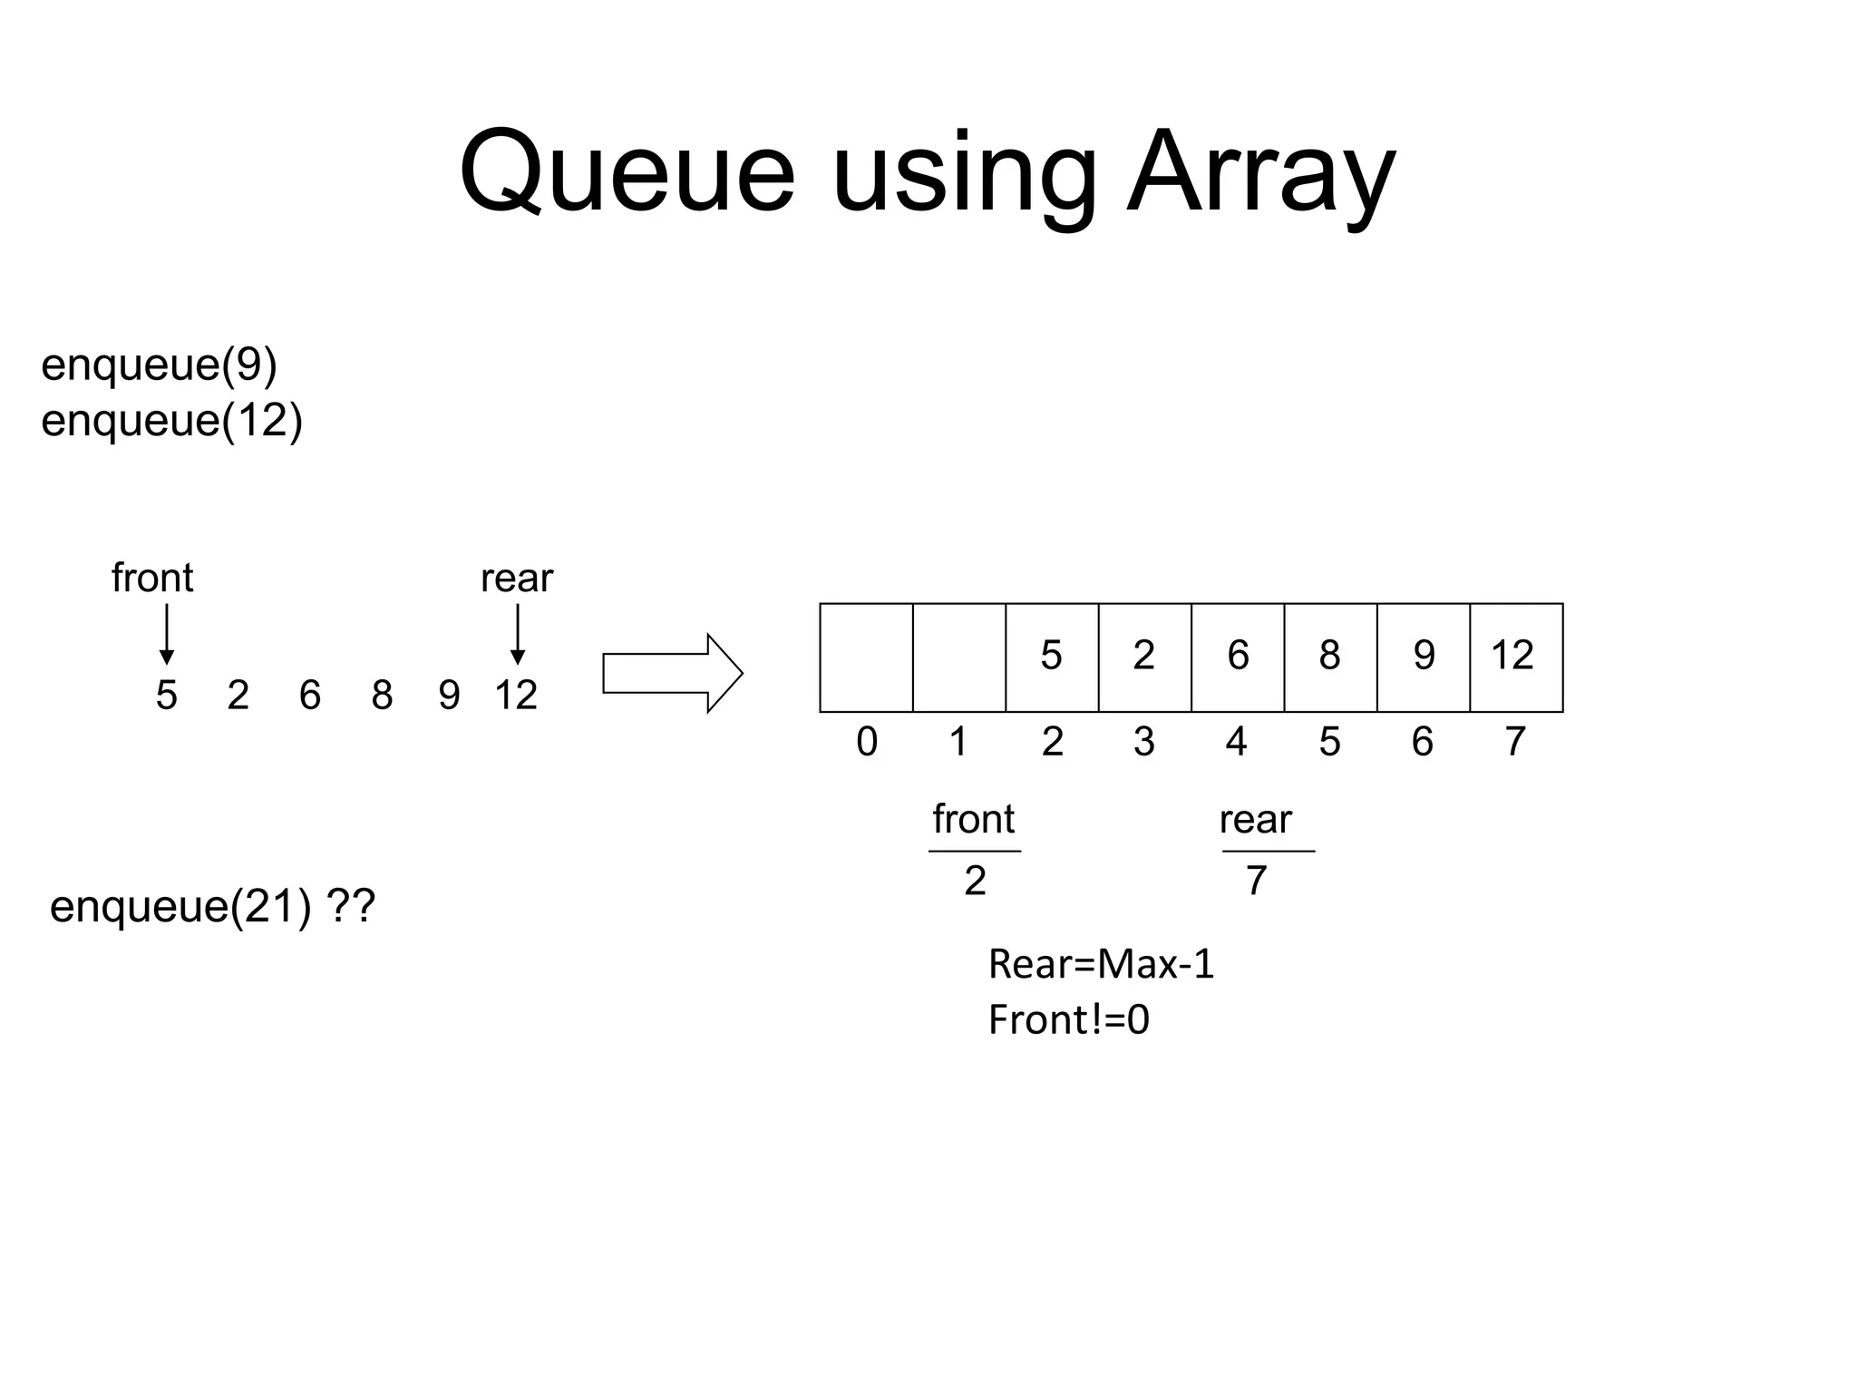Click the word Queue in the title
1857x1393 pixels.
626,172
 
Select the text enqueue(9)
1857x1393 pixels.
159,365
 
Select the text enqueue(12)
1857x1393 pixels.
171,421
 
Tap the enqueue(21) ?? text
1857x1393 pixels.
212,906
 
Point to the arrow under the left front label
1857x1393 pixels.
166,634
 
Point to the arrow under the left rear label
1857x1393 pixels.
517,634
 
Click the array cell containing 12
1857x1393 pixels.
1515,657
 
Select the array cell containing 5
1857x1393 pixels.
1051,657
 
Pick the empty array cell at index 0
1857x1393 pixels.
866,657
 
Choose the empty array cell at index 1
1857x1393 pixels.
958,657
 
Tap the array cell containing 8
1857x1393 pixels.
1329,657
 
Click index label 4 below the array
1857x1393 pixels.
1236,742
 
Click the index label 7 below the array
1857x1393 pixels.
1515,742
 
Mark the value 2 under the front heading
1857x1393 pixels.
975,881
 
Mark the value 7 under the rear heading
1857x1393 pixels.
1256,881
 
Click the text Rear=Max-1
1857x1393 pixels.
1101,963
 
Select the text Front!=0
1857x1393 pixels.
1068,1019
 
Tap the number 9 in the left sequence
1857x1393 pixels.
449,696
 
